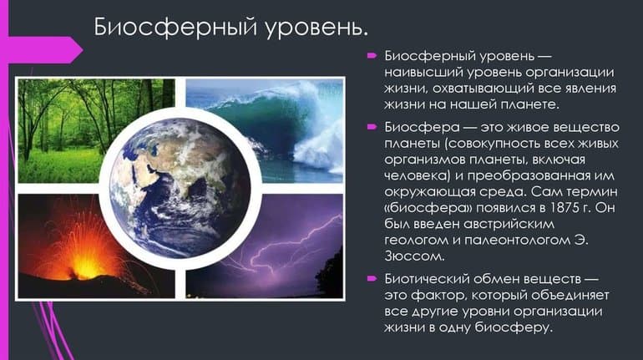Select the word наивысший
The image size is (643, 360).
pos(425,73)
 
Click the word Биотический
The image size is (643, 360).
pos(427,278)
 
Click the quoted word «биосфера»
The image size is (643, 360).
pos(423,210)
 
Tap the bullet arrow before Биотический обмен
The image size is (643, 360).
pos(372,279)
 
